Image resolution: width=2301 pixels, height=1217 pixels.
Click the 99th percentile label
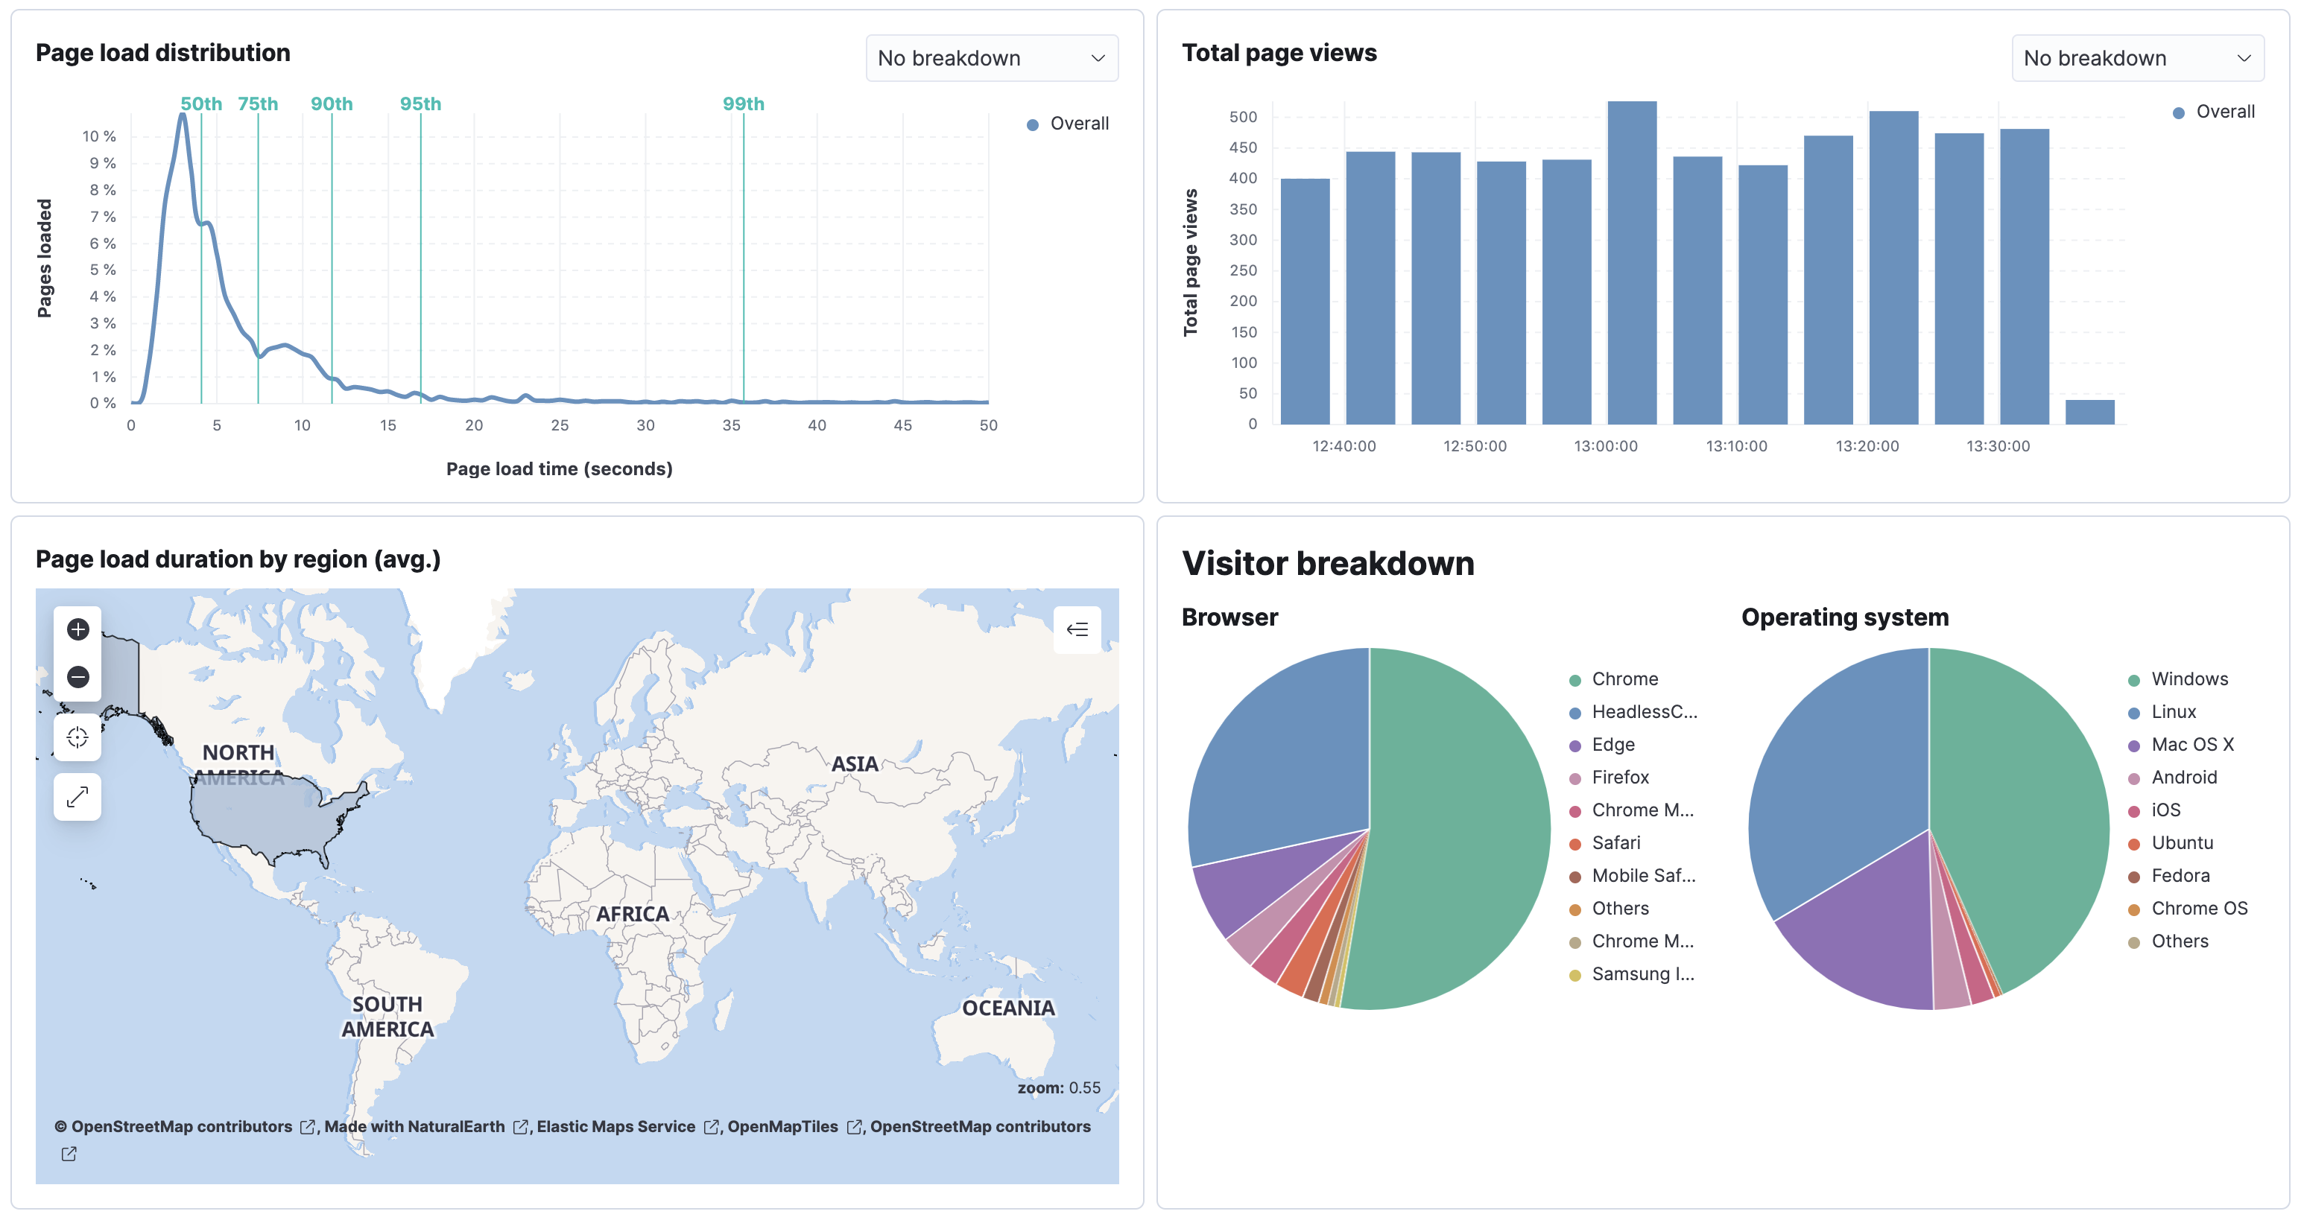click(x=743, y=104)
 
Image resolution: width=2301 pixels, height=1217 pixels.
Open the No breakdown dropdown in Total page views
click(x=2136, y=58)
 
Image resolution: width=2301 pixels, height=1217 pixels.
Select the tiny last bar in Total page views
click(x=2089, y=412)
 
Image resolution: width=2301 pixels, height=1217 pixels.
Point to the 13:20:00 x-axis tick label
click(x=1866, y=445)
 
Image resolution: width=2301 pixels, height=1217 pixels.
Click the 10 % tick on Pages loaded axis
click(x=99, y=136)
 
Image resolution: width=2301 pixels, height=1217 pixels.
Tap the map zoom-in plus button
click(x=77, y=629)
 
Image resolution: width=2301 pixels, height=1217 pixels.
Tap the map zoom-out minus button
click(x=77, y=677)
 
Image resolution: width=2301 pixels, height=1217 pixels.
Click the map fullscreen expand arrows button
click(x=77, y=795)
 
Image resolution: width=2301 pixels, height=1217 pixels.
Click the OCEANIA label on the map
click(x=1007, y=1007)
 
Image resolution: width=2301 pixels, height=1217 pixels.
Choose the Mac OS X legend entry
click(x=2191, y=744)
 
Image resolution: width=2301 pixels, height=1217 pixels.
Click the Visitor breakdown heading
click(x=1327, y=563)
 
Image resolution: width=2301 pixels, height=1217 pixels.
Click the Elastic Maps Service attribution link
click(x=615, y=1126)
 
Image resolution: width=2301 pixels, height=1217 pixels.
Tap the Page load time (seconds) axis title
click(x=559, y=468)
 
